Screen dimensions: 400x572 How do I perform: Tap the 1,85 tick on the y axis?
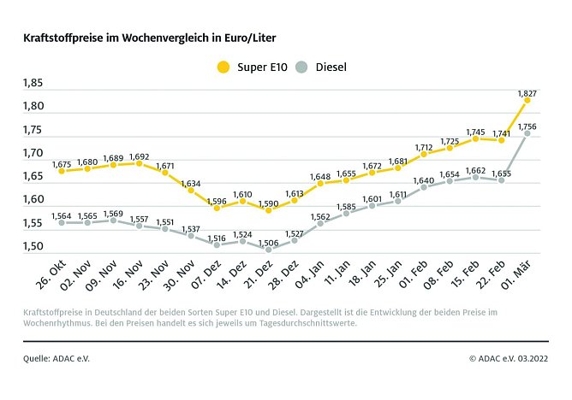tap(33, 84)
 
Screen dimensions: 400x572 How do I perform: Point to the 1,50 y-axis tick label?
tap(33, 247)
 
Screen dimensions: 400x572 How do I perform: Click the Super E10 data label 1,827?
tap(527, 91)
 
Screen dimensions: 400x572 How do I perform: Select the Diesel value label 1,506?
tap(268, 243)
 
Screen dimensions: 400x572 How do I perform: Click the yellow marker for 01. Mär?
tap(527, 100)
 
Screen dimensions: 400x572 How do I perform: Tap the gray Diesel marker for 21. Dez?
tap(268, 250)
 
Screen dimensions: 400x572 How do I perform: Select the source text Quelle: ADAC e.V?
tap(57, 358)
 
